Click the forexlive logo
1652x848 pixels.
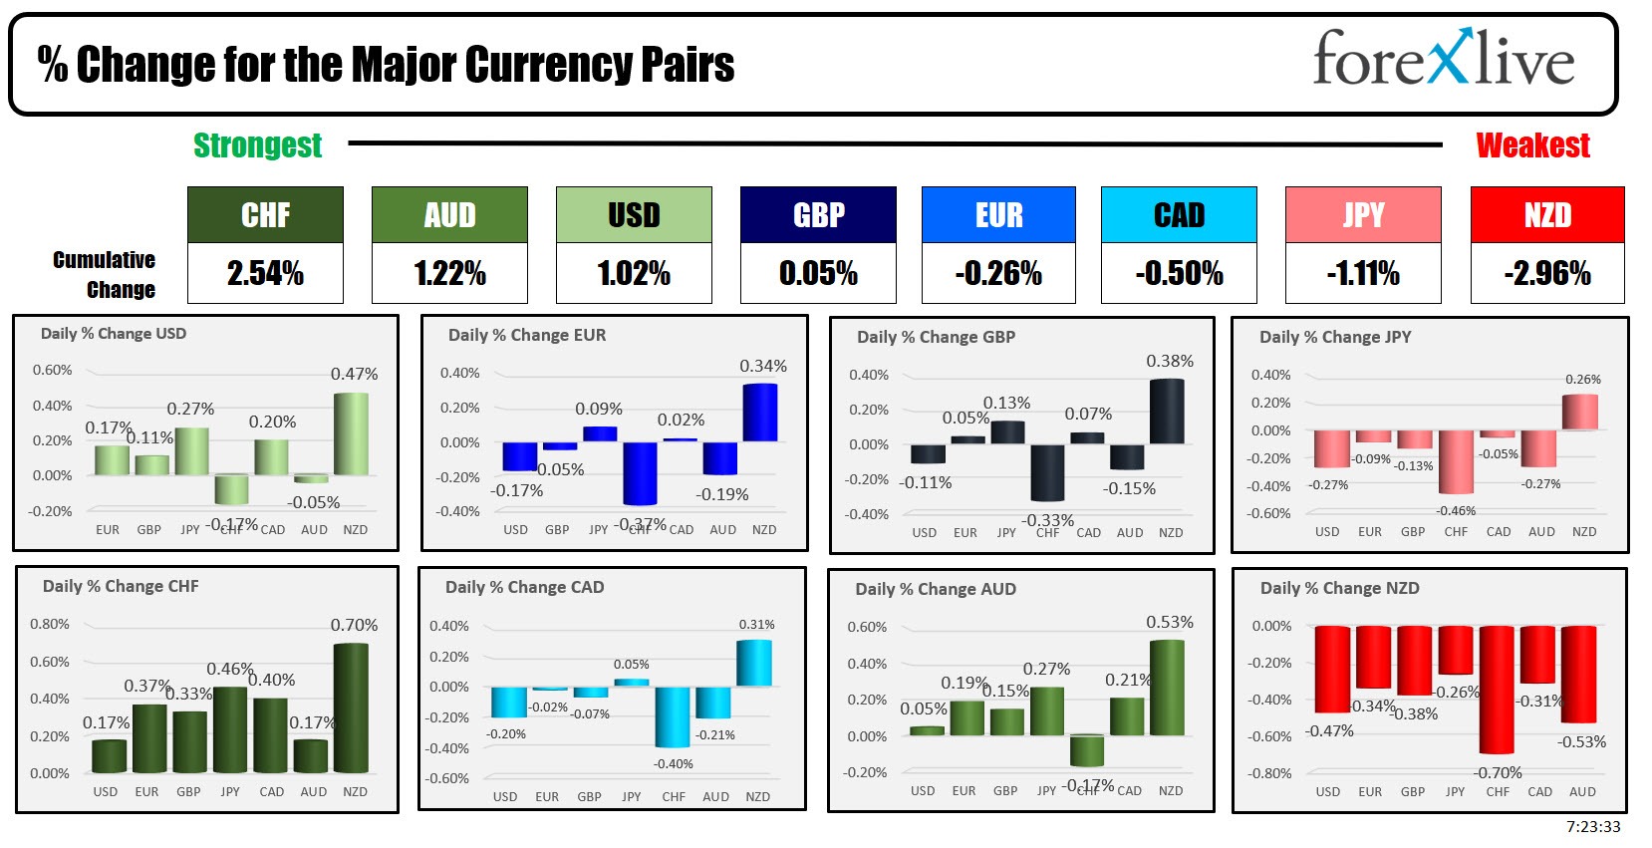pyautogui.click(x=1443, y=59)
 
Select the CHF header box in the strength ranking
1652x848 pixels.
pyautogui.click(x=265, y=215)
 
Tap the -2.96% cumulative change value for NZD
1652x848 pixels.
pyautogui.click(x=1547, y=273)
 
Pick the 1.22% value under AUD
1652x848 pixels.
pyautogui.click(x=449, y=273)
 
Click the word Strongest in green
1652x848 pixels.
pyautogui.click(x=257, y=145)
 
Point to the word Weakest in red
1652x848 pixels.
pyautogui.click(x=1532, y=145)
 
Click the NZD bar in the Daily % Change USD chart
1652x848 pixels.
pyautogui.click(x=351, y=434)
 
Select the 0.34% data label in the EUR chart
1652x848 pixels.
pyautogui.click(x=762, y=367)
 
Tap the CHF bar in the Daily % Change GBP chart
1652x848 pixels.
pyautogui.click(x=1047, y=472)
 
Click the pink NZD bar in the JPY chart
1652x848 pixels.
pyautogui.click(x=1580, y=413)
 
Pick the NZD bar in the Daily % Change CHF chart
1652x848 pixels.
pyautogui.click(x=351, y=707)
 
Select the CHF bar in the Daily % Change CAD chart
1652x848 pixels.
pyautogui.click(x=673, y=716)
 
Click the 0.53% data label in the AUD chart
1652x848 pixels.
pyautogui.click(x=1169, y=622)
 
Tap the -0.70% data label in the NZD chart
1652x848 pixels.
pyautogui.click(x=1498, y=772)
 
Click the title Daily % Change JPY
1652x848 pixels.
pyautogui.click(x=1335, y=337)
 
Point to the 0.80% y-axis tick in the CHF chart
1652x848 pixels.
pyautogui.click(x=50, y=624)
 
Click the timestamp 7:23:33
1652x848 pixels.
pyautogui.click(x=1592, y=827)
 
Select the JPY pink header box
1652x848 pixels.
pyautogui.click(x=1363, y=215)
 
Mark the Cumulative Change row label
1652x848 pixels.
pyautogui.click(x=105, y=275)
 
